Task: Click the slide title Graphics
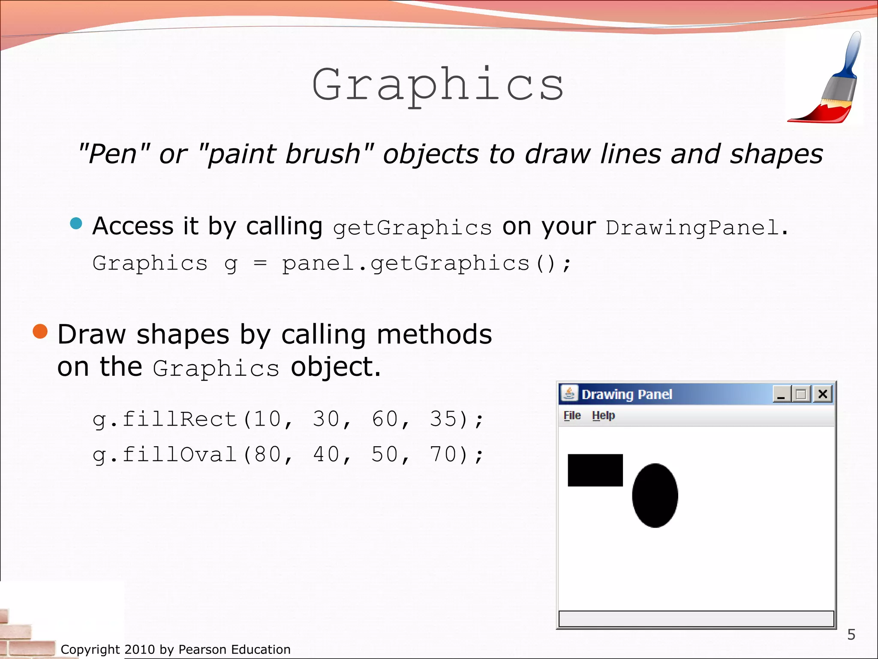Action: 437,85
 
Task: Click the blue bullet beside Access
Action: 76,224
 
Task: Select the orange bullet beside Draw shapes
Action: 40,331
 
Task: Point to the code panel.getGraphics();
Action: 427,263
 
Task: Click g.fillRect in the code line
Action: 165,419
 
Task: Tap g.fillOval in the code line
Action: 165,454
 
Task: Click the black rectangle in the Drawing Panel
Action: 595,470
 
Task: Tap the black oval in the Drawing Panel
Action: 655,495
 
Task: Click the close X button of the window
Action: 823,394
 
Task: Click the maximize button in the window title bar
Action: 800,394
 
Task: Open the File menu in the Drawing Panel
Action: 572,415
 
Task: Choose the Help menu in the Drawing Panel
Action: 603,415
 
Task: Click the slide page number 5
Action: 851,634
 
